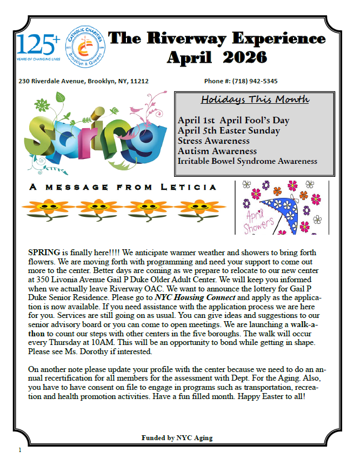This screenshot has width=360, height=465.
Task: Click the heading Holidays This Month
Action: click(x=255, y=99)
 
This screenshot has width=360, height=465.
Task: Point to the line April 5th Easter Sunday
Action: click(x=229, y=130)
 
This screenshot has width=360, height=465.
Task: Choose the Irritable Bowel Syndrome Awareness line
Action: click(x=247, y=161)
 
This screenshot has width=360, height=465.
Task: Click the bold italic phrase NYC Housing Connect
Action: click(x=195, y=297)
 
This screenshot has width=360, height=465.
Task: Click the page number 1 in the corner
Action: click(x=19, y=449)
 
